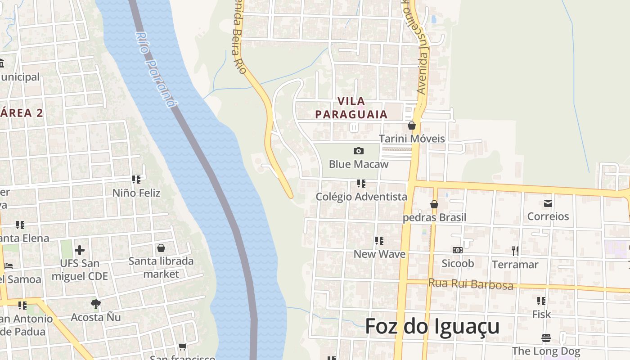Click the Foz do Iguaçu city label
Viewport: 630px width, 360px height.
click(x=432, y=326)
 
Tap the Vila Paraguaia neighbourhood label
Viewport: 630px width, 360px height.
click(x=351, y=108)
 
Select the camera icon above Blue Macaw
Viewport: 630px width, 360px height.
click(x=359, y=151)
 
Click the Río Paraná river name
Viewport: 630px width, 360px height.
click(x=154, y=70)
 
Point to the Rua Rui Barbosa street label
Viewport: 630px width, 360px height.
click(x=470, y=284)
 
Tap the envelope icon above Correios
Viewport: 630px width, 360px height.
click(x=548, y=203)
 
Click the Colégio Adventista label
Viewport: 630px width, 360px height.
click(x=361, y=197)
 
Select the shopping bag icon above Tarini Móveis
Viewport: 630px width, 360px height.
click(x=411, y=126)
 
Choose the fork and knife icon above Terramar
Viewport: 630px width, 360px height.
click(x=515, y=251)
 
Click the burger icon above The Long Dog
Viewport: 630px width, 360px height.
click(x=546, y=337)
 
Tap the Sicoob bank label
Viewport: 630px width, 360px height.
click(x=458, y=263)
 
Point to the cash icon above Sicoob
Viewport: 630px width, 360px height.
click(x=458, y=250)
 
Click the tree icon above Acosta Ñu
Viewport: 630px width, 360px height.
click(x=95, y=304)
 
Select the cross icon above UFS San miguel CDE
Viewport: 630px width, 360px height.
click(x=80, y=250)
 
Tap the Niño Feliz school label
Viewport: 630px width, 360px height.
click(x=136, y=193)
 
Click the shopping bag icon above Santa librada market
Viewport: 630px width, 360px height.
click(x=161, y=248)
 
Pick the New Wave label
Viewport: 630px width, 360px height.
click(x=379, y=254)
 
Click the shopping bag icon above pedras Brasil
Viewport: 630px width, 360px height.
click(x=434, y=204)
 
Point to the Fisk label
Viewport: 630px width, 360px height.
click(x=541, y=314)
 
